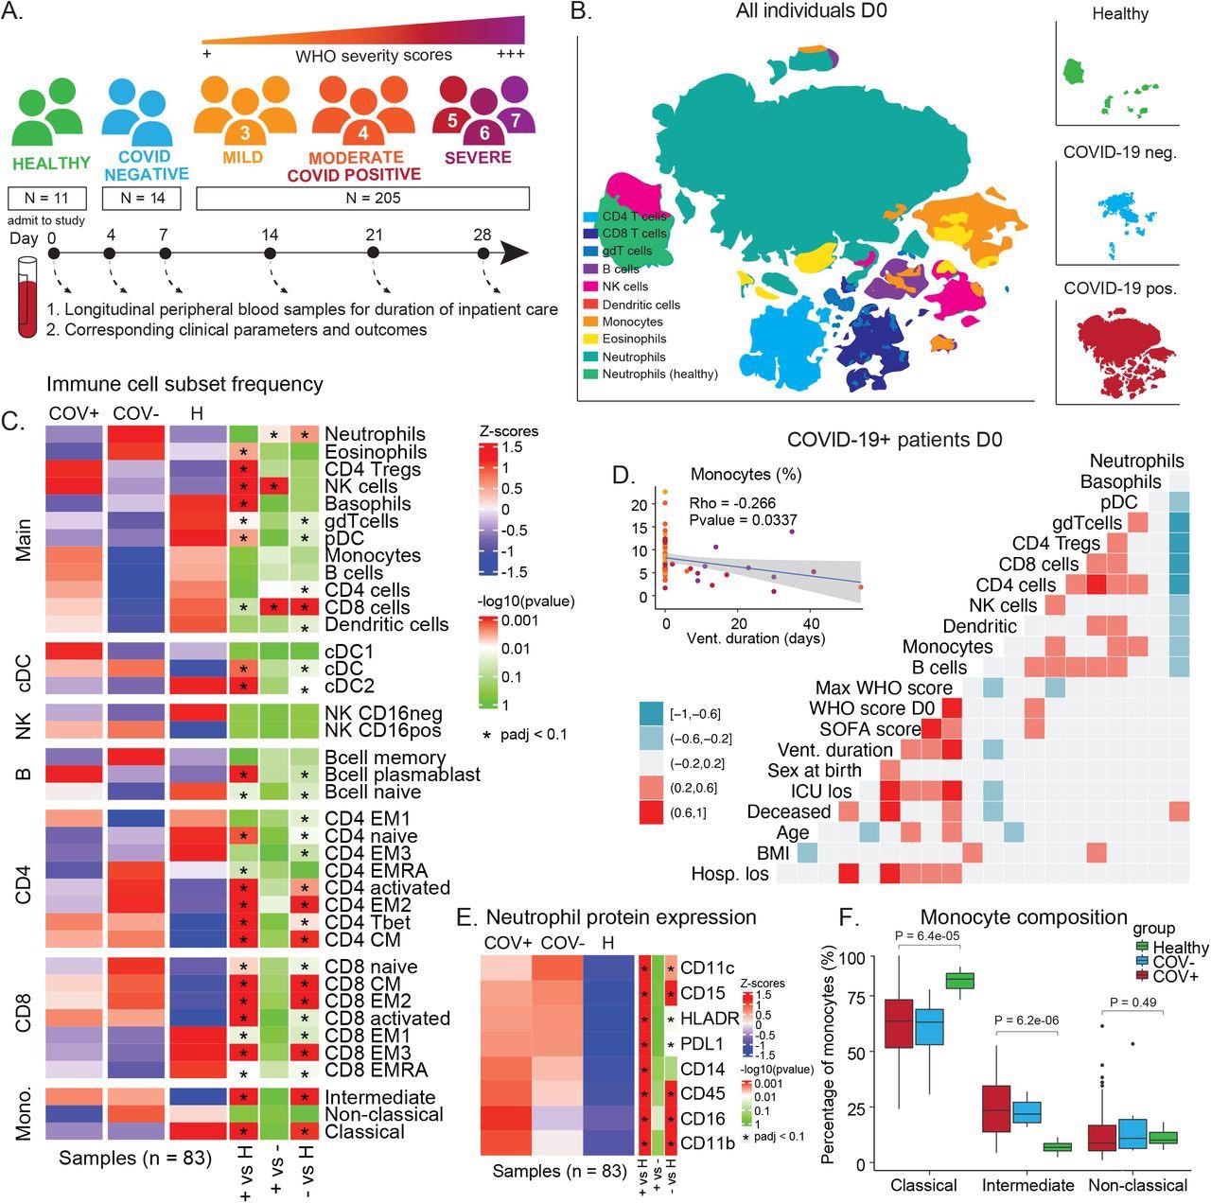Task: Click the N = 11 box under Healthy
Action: pyautogui.click(x=46, y=199)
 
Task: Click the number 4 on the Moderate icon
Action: pyautogui.click(x=363, y=133)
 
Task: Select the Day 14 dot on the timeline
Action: pyautogui.click(x=271, y=253)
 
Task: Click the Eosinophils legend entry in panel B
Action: pyautogui.click(x=633, y=339)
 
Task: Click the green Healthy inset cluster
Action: pyautogui.click(x=1074, y=72)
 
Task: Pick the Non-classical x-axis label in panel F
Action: pyautogui.click(x=1136, y=1185)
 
